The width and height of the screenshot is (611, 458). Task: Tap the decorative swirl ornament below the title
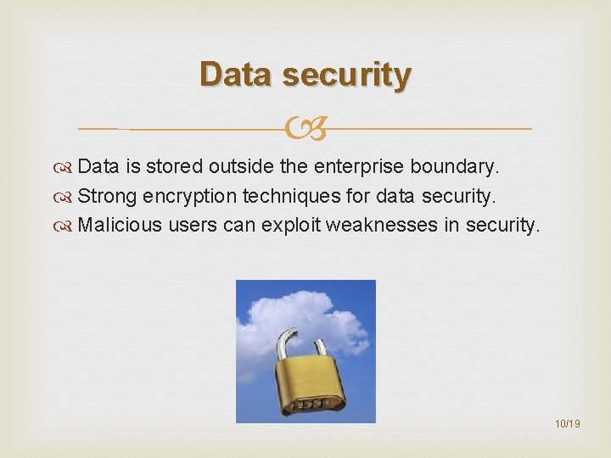pos(305,129)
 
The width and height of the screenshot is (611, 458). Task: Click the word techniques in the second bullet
pos(293,197)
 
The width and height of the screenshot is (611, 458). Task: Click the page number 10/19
pos(566,423)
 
